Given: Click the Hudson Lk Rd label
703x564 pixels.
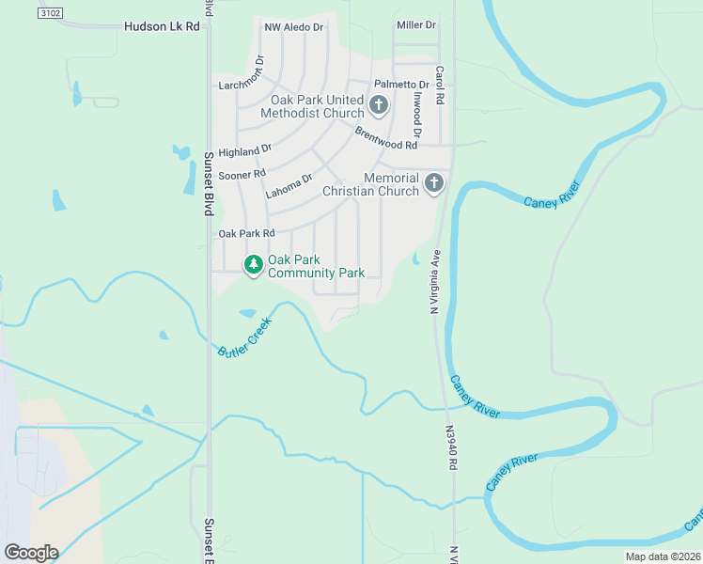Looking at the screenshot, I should coord(162,27).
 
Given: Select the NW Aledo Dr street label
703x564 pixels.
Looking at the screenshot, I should coord(293,28).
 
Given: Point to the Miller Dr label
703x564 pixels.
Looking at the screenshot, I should coord(416,24).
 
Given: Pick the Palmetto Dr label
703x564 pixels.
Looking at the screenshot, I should coord(401,85).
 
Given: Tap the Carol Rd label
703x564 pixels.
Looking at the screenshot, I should coord(439,85).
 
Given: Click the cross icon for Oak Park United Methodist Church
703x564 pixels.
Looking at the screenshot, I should coord(379,104).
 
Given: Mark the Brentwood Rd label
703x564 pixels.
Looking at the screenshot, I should coord(385,139).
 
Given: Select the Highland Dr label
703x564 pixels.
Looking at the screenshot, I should coord(244,150).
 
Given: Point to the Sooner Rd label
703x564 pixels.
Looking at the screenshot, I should coord(242,174).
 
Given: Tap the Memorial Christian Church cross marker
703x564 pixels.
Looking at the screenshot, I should coord(433,182).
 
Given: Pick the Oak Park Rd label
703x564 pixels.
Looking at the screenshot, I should coord(245,233).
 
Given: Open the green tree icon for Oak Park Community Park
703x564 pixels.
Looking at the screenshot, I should coord(253,265).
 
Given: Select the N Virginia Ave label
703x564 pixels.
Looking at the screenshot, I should coord(435,280).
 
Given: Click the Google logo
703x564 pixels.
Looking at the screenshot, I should coord(30,553).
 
